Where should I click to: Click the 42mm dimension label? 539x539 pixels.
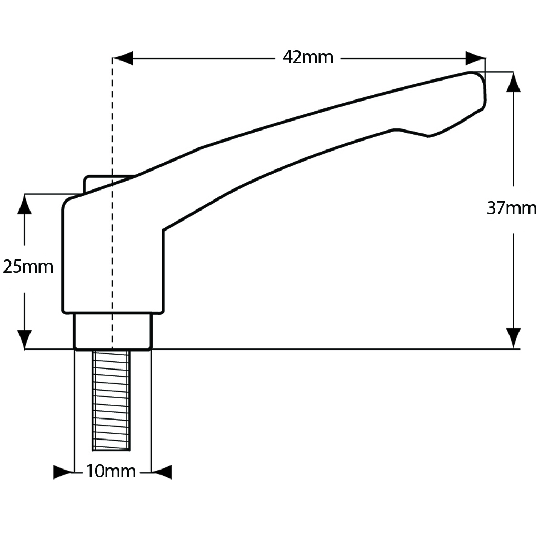pyautogui.click(x=308, y=57)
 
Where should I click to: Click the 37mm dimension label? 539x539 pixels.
pyautogui.click(x=511, y=208)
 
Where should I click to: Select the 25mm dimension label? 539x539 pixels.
pyautogui.click(x=28, y=267)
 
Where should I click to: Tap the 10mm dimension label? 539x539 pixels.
pyautogui.click(x=111, y=472)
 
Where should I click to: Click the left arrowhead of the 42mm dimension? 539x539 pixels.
pyautogui.click(x=123, y=58)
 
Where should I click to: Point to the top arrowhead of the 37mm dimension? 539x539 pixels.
pyautogui.click(x=513, y=82)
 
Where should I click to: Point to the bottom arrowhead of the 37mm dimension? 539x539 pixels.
pyautogui.click(x=513, y=338)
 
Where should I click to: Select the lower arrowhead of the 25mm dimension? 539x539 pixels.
pyautogui.click(x=25, y=339)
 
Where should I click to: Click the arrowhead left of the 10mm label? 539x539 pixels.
pyautogui.click(x=63, y=472)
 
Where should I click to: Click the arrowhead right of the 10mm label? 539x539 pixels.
pyautogui.click(x=162, y=472)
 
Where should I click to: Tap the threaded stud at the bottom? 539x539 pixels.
pyautogui.click(x=111, y=400)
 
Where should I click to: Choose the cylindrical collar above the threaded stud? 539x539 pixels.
pyautogui.click(x=113, y=331)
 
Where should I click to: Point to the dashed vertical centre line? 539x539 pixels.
pyautogui.click(x=112, y=132)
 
